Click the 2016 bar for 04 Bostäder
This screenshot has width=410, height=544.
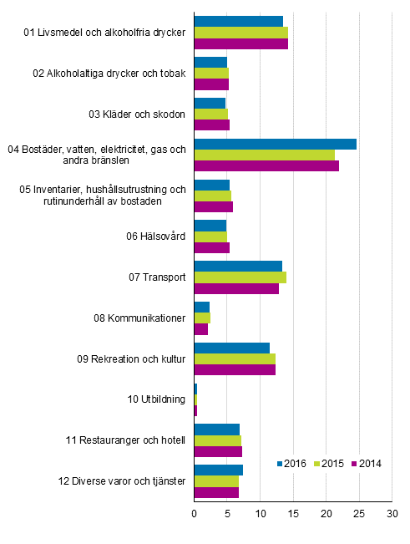275,145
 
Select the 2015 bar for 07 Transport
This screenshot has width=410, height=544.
240,277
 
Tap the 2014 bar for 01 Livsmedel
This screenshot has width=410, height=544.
240,43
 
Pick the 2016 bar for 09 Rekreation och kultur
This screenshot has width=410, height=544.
231,348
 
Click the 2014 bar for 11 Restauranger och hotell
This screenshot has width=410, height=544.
218,452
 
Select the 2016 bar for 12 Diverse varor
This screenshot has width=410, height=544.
218,470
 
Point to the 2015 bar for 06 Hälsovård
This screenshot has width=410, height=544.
210,236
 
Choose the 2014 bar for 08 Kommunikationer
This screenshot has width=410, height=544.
200,329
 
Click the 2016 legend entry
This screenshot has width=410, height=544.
291,464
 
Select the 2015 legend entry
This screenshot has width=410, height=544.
328,464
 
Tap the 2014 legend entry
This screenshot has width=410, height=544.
365,464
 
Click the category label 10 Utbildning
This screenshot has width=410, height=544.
156,399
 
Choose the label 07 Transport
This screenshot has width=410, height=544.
156,277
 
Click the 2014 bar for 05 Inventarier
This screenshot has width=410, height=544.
213,206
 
